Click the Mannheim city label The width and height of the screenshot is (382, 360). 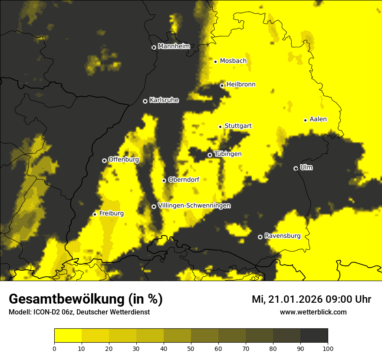click(x=174, y=46)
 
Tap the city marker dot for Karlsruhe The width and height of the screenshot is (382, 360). click(x=145, y=101)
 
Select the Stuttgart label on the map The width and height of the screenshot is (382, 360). click(x=238, y=126)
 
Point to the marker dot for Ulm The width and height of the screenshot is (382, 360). click(x=296, y=168)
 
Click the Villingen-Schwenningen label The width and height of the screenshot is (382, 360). click(x=194, y=206)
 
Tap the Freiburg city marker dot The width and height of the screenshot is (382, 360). click(x=95, y=214)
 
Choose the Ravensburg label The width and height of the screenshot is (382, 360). click(x=282, y=236)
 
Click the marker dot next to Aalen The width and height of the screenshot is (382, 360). click(x=305, y=120)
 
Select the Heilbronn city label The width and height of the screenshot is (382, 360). click(x=241, y=85)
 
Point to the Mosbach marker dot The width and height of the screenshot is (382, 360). click(x=215, y=62)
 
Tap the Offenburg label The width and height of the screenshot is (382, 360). click(x=123, y=160)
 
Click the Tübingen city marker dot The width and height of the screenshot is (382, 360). click(x=210, y=155)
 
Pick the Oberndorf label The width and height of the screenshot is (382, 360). click(x=183, y=180)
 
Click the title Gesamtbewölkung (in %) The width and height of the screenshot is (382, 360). click(x=86, y=299)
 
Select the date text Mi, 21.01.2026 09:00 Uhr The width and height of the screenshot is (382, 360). click(x=311, y=299)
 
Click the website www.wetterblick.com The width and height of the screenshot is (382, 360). click(x=313, y=312)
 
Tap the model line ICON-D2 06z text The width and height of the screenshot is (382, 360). click(x=79, y=312)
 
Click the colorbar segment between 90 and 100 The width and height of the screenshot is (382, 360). click(x=314, y=335)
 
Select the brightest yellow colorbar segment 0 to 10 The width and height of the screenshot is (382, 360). click(x=68, y=335)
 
